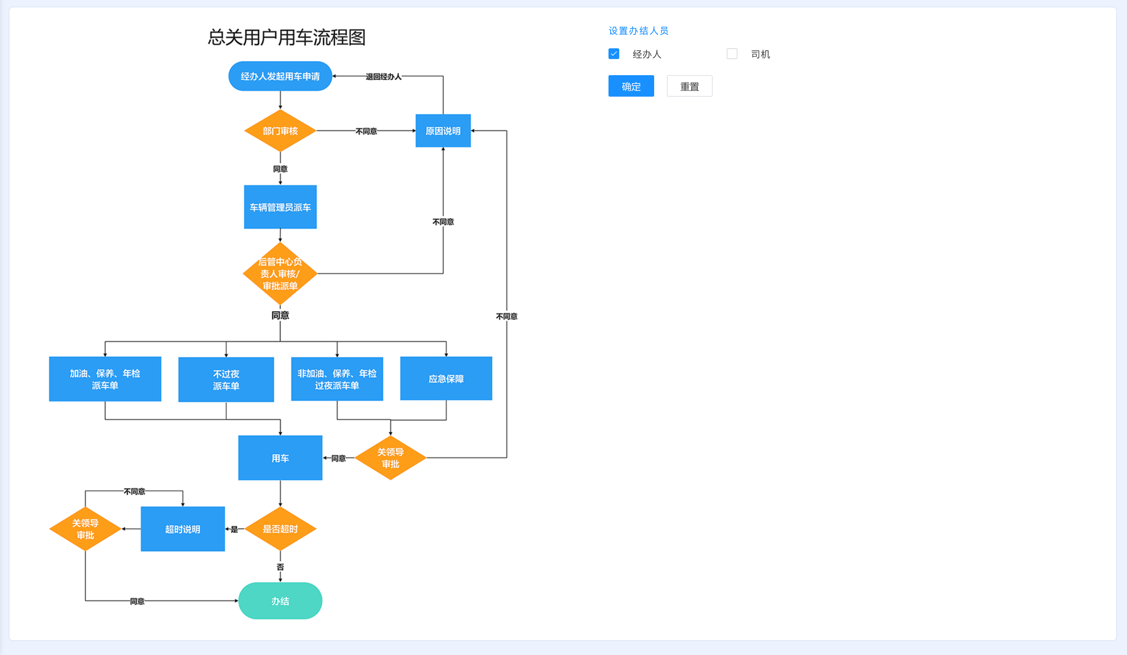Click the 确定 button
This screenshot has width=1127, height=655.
631,86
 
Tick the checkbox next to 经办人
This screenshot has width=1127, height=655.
614,54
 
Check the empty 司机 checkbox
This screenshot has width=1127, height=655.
732,54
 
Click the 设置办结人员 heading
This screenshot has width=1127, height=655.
638,31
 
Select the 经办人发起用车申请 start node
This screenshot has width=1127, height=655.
280,77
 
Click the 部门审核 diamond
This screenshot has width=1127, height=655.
280,131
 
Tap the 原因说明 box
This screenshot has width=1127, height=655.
443,131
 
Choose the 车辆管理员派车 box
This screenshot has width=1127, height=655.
280,207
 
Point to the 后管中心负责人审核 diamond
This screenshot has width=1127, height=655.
280,274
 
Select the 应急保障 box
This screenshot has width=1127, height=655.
446,379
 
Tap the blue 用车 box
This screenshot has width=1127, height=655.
280,458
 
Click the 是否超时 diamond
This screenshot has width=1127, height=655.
280,529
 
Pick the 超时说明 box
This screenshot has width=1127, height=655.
182,529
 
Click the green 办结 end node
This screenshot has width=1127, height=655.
280,601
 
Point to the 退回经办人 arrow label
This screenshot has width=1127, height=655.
383,77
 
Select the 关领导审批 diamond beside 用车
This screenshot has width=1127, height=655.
391,458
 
